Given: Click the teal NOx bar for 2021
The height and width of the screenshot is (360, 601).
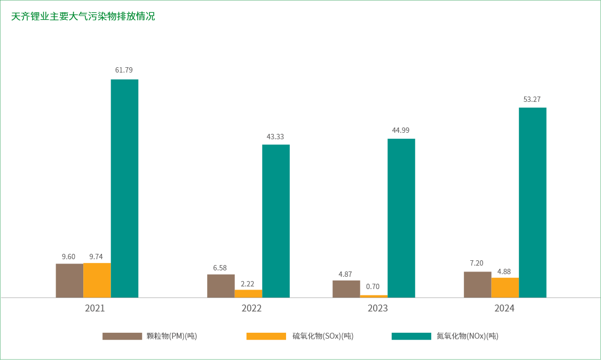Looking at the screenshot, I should coord(124,188).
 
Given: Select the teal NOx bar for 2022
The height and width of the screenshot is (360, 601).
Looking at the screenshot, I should coord(276,221).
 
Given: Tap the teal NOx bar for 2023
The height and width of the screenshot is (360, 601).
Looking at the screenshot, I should coord(401,218).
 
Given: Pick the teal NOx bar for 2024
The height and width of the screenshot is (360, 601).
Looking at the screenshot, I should coord(533,202).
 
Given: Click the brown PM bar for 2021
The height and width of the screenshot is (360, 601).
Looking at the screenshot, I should coord(69,280).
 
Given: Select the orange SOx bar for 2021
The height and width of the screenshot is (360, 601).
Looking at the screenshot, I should coord(97,280).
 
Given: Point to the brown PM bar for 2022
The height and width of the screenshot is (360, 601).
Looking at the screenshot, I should coord(221,285).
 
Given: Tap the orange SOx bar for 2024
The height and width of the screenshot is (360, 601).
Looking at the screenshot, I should coord(505,287).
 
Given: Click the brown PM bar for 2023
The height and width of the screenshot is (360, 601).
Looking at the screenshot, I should coord(346,289).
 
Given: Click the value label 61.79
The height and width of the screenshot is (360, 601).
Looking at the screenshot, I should coord(124,70).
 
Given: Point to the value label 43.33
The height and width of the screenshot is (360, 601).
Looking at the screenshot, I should coord(275,137).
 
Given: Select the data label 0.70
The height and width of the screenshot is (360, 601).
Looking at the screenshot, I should coord(373,286).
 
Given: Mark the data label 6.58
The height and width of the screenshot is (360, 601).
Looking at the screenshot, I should coord(220,268).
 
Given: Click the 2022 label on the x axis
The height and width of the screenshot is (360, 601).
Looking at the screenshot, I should coord(251,308).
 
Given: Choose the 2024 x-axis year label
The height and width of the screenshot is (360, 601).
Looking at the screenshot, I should coord(504,308).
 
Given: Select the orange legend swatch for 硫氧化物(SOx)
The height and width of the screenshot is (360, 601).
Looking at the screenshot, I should coord(266,336).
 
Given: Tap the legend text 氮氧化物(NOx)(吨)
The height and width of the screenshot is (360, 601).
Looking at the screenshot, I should coord(467,336).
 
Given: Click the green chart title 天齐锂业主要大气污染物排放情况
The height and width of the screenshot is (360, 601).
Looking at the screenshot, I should coord(83,17).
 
